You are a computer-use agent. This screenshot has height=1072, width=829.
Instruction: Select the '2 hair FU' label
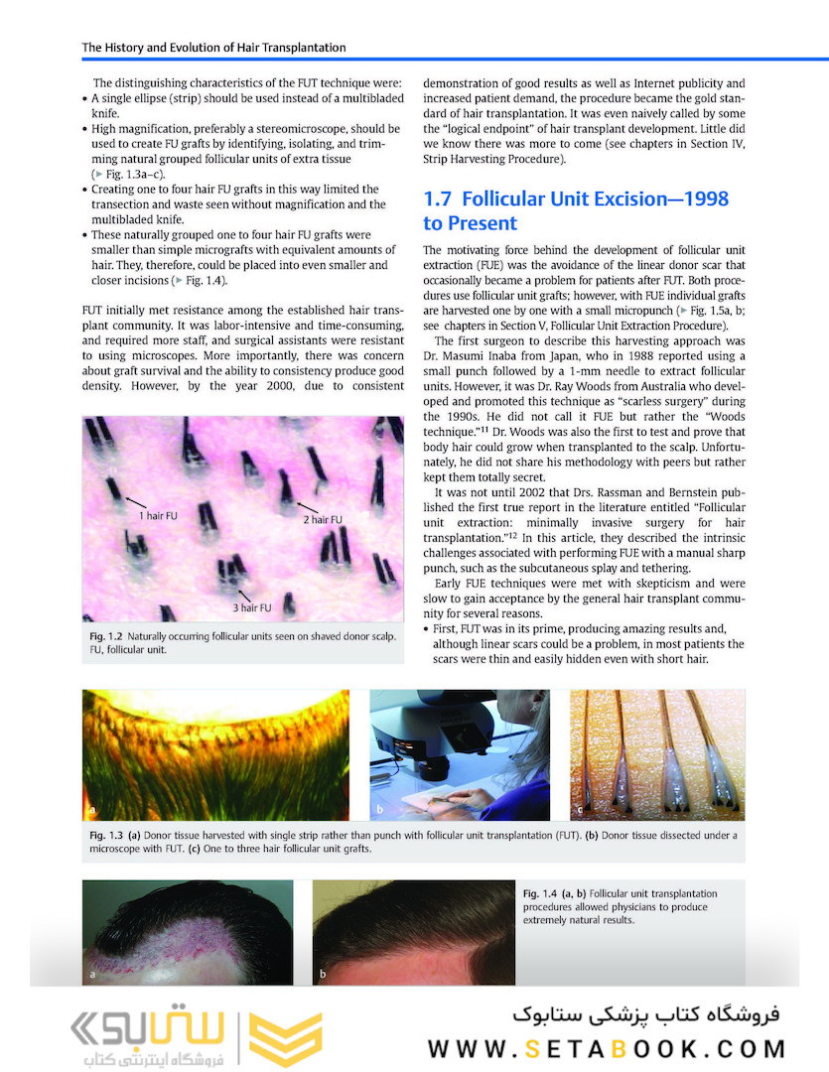coord(323,519)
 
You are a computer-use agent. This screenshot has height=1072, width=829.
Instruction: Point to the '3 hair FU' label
coord(253,606)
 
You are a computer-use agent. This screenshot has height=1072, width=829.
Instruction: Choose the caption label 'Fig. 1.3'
coord(101,836)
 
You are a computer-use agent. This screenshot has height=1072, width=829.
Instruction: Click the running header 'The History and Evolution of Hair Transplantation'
coord(213,47)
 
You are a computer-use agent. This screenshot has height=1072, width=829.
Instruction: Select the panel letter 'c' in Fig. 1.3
coord(579,811)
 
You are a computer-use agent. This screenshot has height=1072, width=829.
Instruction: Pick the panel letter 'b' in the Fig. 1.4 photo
coord(323,975)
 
